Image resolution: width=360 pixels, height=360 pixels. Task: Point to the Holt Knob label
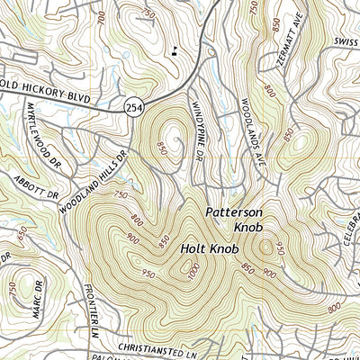208,247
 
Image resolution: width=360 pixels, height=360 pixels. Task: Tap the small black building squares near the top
172,49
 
